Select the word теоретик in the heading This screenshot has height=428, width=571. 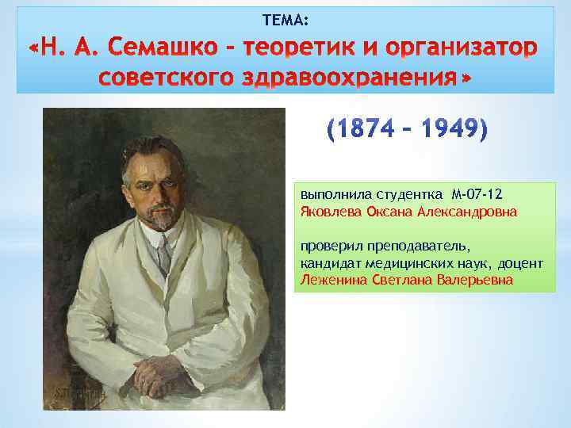click(287, 48)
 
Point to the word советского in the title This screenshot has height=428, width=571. click(163, 79)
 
